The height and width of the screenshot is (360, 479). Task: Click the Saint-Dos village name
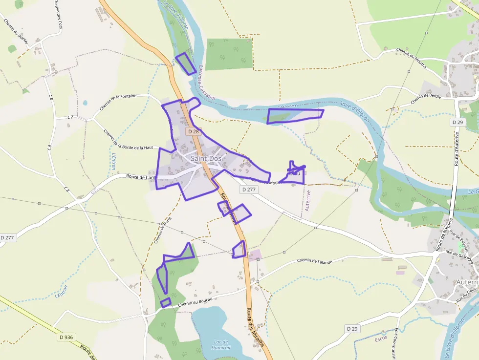[x=206, y=159]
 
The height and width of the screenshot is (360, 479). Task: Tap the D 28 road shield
[x=193, y=131]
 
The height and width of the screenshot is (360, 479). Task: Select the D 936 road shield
[x=66, y=337]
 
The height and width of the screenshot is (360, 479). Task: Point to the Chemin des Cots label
[x=58, y=14]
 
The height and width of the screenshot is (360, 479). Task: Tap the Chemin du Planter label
[x=15, y=33]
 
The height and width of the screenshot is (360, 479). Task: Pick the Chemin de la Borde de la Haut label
[x=129, y=140]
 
